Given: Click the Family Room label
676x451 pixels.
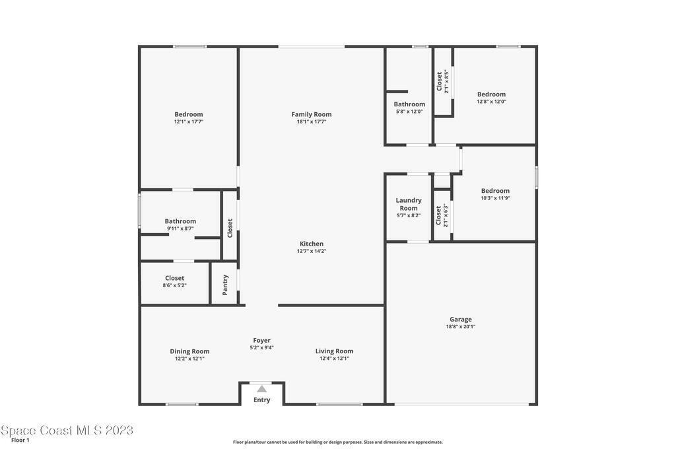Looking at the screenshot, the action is point(312,114).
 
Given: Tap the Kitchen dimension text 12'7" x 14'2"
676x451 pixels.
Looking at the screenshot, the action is point(312,251).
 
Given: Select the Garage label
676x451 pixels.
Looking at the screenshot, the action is point(460,320).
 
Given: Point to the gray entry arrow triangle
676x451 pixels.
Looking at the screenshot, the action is point(261,389).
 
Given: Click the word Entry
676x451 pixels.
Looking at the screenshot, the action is point(261,400).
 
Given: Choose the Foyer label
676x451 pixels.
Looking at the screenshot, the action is point(261,341).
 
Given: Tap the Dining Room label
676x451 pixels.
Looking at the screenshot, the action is point(189,351).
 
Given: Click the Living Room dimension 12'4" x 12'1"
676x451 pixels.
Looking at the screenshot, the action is point(334,359).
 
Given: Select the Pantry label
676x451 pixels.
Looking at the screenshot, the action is point(225,285).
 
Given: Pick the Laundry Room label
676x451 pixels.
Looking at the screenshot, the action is point(409,204).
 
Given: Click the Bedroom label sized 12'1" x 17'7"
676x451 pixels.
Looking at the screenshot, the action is point(189,114).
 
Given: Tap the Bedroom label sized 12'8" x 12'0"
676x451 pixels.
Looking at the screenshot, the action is point(491,94).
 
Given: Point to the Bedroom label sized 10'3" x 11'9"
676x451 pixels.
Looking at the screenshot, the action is point(495,191).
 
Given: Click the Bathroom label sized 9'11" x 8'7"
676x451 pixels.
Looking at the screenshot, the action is point(180,221).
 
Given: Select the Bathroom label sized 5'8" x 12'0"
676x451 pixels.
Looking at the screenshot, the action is point(409,104).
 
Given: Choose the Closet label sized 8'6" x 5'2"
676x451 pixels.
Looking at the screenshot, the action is point(174,278).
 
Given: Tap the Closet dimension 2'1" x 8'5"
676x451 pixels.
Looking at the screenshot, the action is point(447,81).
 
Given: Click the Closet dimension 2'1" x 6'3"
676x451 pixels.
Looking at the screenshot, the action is point(446,215).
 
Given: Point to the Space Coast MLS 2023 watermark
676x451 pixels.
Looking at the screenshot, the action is point(67,430).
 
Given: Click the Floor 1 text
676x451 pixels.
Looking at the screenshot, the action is point(20,440).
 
